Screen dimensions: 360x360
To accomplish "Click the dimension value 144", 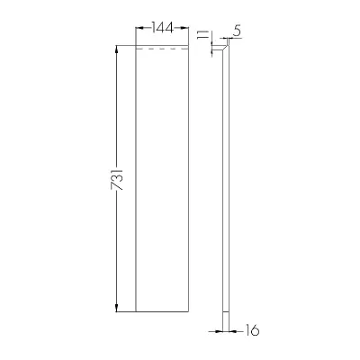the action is coord(163,28).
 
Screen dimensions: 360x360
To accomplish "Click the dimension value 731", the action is coord(117,179).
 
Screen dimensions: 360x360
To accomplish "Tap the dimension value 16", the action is coord(252,330).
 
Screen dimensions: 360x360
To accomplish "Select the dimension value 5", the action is coord(237,31).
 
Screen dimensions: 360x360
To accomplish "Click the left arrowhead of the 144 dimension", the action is coord(139,28).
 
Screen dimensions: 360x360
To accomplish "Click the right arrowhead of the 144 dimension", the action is coord(185,28).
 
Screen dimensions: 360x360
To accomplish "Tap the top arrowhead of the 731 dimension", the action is coord(117,49).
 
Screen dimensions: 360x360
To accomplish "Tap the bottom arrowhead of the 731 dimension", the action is coord(117,308).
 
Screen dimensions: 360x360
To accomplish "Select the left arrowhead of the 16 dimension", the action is coord(219,331).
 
